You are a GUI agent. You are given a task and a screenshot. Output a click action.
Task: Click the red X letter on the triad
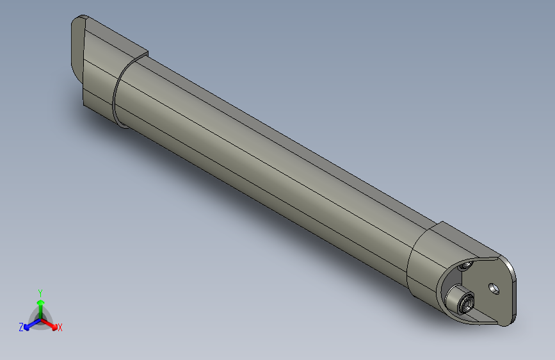pos(60,328)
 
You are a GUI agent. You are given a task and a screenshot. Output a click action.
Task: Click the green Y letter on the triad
pos(40,292)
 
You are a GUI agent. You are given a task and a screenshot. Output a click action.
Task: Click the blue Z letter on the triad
pos(21,327)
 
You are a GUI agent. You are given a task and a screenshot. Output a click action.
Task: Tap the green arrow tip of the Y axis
pos(40,301)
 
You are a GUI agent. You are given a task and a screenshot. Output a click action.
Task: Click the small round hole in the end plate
pos(493,288)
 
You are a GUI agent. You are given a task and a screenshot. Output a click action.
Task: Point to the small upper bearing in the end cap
pos(467,264)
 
